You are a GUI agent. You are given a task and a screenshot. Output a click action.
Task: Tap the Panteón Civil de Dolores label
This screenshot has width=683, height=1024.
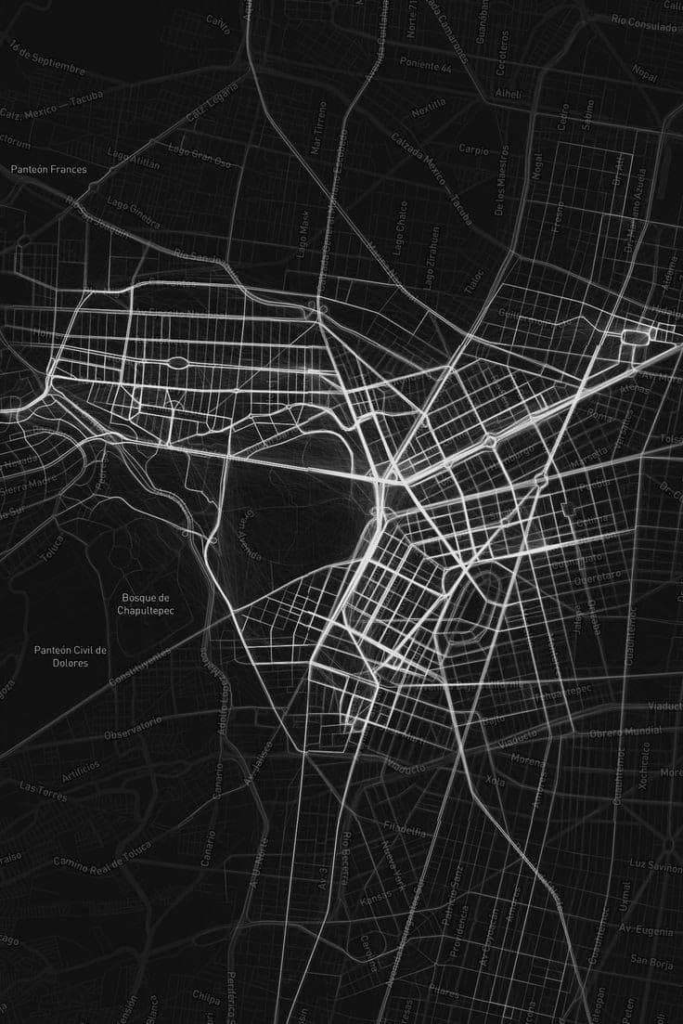tap(71, 656)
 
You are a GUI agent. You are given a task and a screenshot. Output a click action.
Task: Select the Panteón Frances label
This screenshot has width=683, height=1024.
tap(49, 170)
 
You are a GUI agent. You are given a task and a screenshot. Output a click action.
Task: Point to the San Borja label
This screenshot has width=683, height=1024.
tap(651, 959)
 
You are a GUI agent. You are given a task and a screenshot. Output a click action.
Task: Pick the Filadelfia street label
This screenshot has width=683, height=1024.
tap(405, 826)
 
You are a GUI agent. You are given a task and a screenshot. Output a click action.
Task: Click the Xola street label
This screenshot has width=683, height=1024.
tap(496, 782)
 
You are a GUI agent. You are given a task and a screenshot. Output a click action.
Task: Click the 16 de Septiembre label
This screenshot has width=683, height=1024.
tap(47, 58)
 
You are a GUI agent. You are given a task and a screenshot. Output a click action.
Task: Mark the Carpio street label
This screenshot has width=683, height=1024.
tap(473, 149)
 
